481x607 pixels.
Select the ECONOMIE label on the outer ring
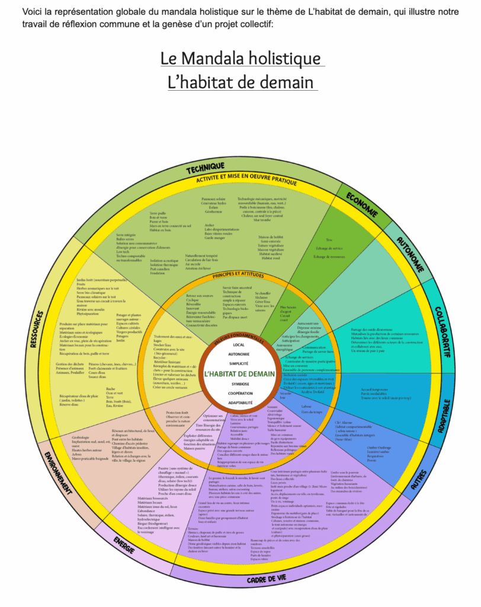(363, 203)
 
